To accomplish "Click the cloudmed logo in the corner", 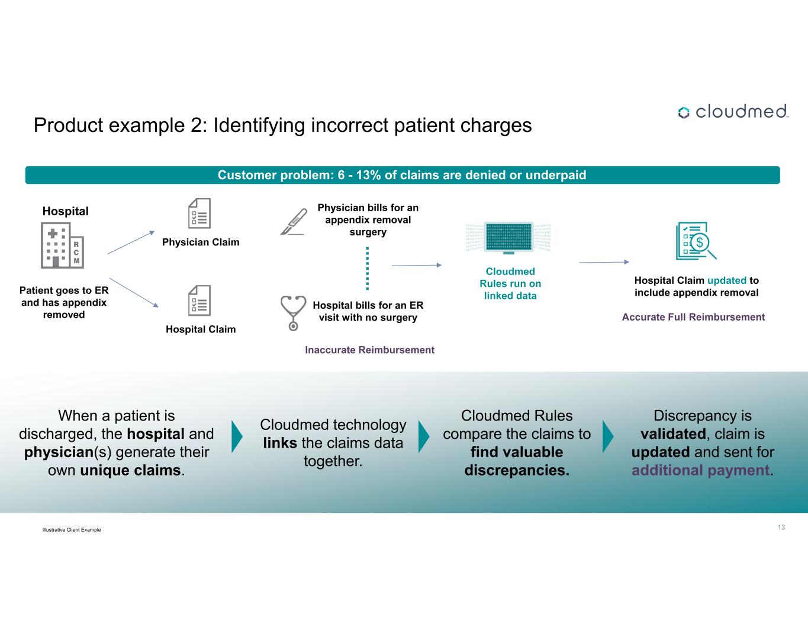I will click(x=733, y=112).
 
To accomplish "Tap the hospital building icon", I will click(x=62, y=245).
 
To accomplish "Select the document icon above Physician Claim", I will click(x=199, y=214).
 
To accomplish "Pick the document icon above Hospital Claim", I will click(x=199, y=300).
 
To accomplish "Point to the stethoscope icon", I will click(x=293, y=312).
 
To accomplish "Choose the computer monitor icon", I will click(x=508, y=238).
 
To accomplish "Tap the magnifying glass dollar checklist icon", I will click(x=696, y=241).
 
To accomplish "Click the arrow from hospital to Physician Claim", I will click(x=131, y=242).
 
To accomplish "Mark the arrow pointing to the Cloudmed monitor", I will click(x=417, y=266).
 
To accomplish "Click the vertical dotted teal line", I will click(x=368, y=268).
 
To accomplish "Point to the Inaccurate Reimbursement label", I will click(x=369, y=350).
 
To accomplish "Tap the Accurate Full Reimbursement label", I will click(x=693, y=317).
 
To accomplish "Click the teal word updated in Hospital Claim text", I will click(x=726, y=280).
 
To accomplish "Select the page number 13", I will click(x=781, y=527).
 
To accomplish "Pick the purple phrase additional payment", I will click(x=700, y=470).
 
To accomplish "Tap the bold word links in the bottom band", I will click(x=280, y=443).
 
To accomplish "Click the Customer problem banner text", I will click(x=402, y=175).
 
